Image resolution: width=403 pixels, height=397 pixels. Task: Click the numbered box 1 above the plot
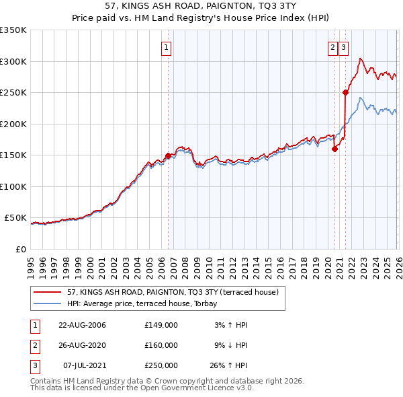(x=165, y=47)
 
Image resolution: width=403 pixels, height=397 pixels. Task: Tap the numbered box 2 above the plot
(x=332, y=47)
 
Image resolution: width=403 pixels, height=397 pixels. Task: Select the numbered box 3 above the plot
(x=343, y=47)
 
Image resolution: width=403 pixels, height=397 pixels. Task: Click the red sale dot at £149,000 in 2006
(x=168, y=155)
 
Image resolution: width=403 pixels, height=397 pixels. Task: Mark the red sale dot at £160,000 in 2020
(x=334, y=149)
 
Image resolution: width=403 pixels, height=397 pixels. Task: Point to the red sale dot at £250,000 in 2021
(x=345, y=93)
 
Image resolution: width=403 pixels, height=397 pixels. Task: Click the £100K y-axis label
(x=13, y=186)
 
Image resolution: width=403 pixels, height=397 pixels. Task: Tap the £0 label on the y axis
(x=19, y=249)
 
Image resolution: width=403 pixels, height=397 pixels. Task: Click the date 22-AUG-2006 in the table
(x=83, y=325)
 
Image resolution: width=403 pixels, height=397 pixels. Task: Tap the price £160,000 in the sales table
(x=161, y=345)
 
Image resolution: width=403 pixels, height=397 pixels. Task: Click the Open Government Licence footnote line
(x=142, y=388)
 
